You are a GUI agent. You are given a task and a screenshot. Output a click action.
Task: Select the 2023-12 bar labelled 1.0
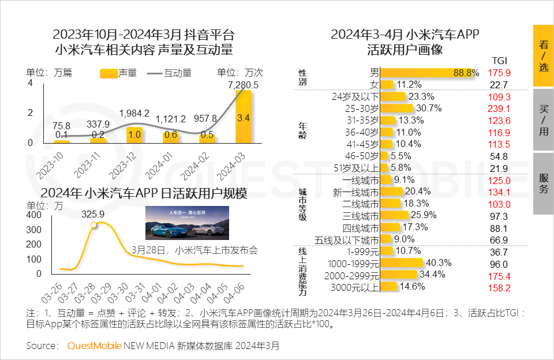[134, 134]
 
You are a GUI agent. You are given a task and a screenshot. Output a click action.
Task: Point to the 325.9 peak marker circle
[94, 225]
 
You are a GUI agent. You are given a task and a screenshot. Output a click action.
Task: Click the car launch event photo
[187, 223]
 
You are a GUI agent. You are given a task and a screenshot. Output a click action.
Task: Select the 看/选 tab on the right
[543, 55]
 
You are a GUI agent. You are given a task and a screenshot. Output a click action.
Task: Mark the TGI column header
[499, 61]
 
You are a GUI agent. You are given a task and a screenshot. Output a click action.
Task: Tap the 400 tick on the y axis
[35, 215]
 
